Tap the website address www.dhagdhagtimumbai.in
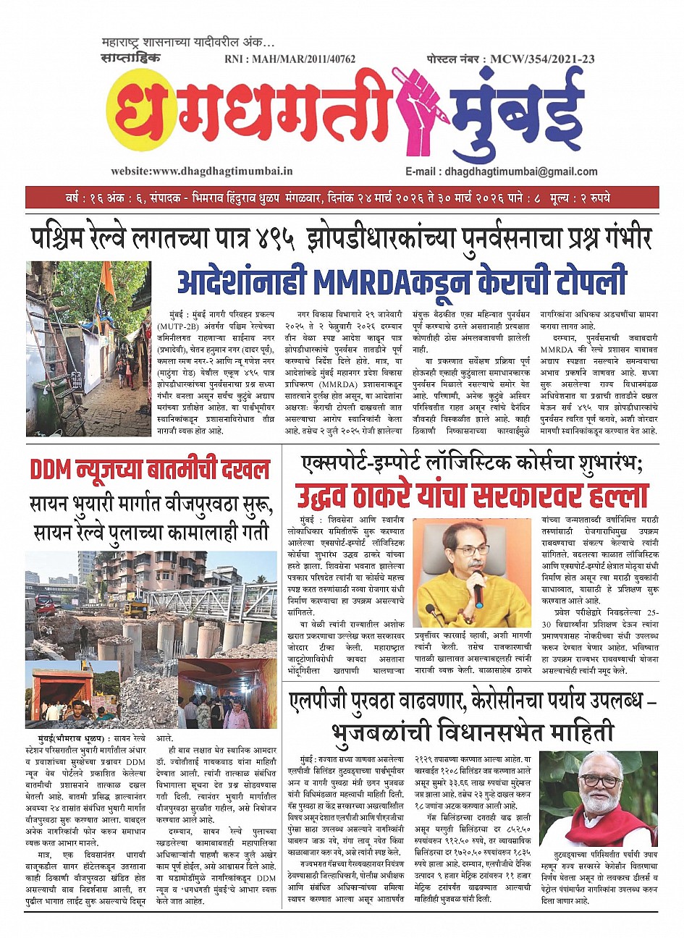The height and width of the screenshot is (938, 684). (202, 172)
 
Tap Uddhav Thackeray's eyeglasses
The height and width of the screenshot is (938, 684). (472, 551)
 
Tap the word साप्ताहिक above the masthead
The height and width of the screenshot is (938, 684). (132, 57)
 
